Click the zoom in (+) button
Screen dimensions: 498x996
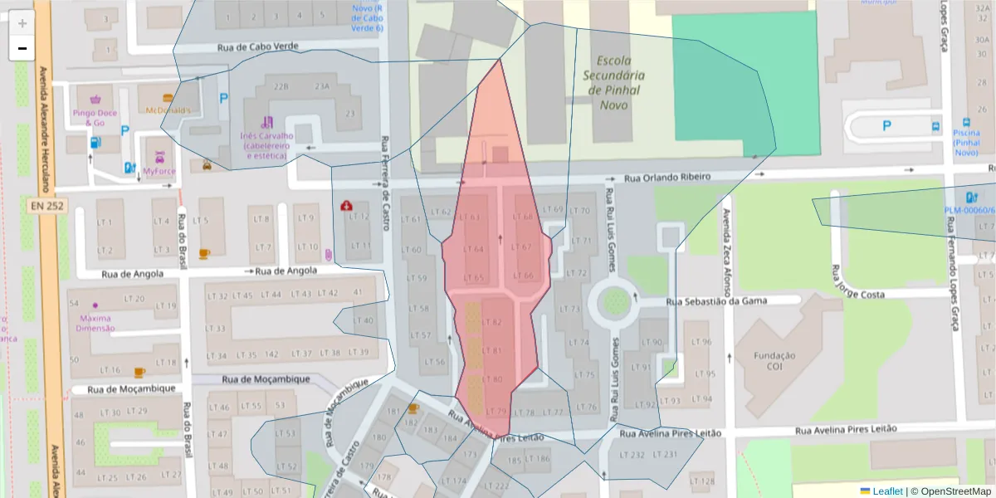click(22, 23)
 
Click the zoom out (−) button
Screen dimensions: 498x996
click(22, 48)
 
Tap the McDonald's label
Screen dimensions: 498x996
click(168, 110)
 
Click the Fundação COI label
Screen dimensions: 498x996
click(774, 361)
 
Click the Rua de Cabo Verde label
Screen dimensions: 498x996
click(257, 48)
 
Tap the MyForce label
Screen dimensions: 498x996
click(159, 171)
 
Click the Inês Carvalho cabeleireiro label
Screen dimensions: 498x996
click(266, 145)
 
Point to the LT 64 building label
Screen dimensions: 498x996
click(472, 249)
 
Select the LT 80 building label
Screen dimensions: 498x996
click(492, 379)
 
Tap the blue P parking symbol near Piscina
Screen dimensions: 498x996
click(886, 126)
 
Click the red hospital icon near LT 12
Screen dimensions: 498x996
click(345, 205)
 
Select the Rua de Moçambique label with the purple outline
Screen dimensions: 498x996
click(266, 379)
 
